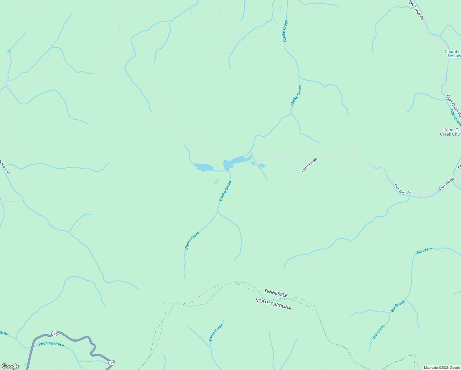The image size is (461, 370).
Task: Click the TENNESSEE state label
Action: click(275, 293)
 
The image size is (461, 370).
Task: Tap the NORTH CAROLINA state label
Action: click(273, 304)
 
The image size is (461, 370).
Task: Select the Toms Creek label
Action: click(216, 332)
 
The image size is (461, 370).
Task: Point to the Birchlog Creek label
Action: click(51, 344)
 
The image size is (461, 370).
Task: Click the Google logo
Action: click(10, 366)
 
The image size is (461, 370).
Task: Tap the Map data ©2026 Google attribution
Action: click(442, 368)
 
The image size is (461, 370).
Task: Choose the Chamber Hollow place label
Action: click(453, 54)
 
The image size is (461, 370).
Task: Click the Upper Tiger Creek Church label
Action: click(451, 132)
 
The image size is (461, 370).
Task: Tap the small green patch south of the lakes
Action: click(216, 181)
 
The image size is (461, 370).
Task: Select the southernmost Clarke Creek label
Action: click(192, 240)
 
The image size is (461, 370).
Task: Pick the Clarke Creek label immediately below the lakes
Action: click(225, 191)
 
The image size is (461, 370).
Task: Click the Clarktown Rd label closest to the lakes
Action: click(309, 165)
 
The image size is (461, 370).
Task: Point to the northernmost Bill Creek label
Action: click(424, 251)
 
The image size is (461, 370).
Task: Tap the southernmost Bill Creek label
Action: click(378, 332)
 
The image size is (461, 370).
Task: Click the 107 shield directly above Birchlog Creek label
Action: click(55, 334)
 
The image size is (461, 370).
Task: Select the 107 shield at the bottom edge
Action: click(112, 363)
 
